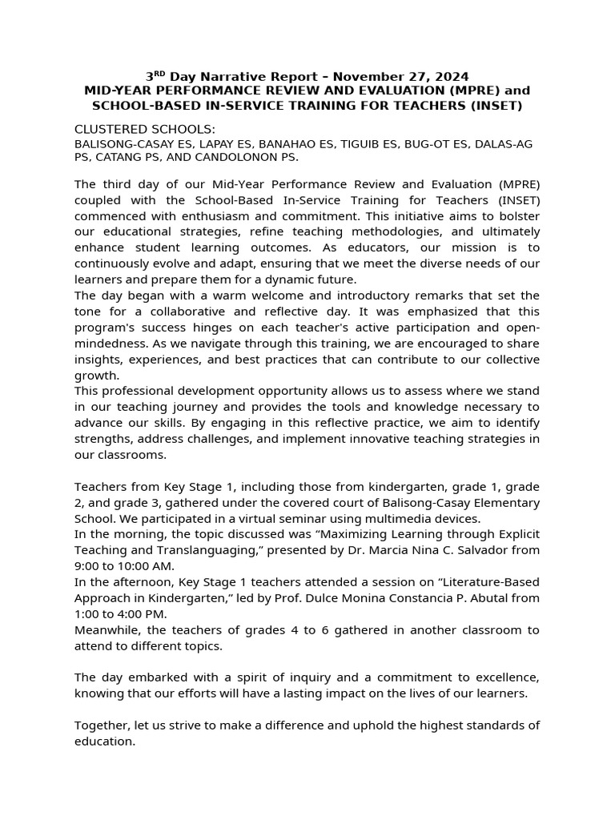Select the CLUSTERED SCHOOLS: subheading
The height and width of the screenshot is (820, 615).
pos(145,130)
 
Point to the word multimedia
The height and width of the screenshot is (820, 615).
pos(399,518)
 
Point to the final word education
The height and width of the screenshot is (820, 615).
pos(104,742)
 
